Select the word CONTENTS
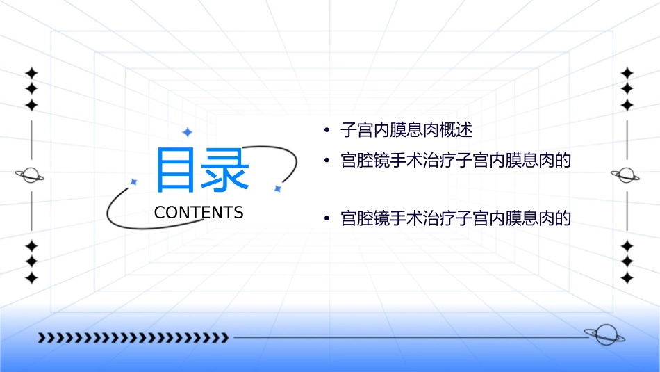[199, 213]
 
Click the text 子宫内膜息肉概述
[406, 130]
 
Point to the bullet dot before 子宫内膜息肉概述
[326, 131]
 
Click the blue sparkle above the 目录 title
[187, 131]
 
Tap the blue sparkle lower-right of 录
[277, 188]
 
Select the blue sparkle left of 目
[134, 181]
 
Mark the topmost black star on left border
[31, 73]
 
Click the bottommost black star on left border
[31, 278]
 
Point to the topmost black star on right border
[627, 73]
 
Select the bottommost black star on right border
[627, 278]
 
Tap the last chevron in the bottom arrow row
[224, 338]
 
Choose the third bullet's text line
[456, 219]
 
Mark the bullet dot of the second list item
[326, 161]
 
